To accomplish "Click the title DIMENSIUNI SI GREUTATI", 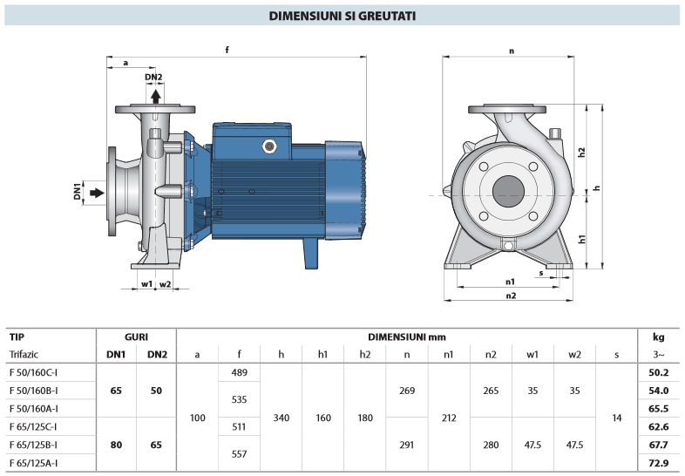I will click(342, 16).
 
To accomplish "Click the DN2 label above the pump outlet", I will click(153, 77).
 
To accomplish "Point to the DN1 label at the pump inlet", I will click(77, 189).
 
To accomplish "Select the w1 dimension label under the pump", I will click(146, 284).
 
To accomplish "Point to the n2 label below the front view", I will click(511, 296).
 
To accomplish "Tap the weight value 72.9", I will click(658, 463).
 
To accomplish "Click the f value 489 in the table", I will click(239, 372).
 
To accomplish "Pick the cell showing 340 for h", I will click(281, 418).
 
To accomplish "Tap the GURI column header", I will click(135, 336).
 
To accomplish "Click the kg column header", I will click(658, 336).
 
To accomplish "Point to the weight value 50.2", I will click(658, 372).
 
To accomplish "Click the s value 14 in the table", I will click(617, 418).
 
